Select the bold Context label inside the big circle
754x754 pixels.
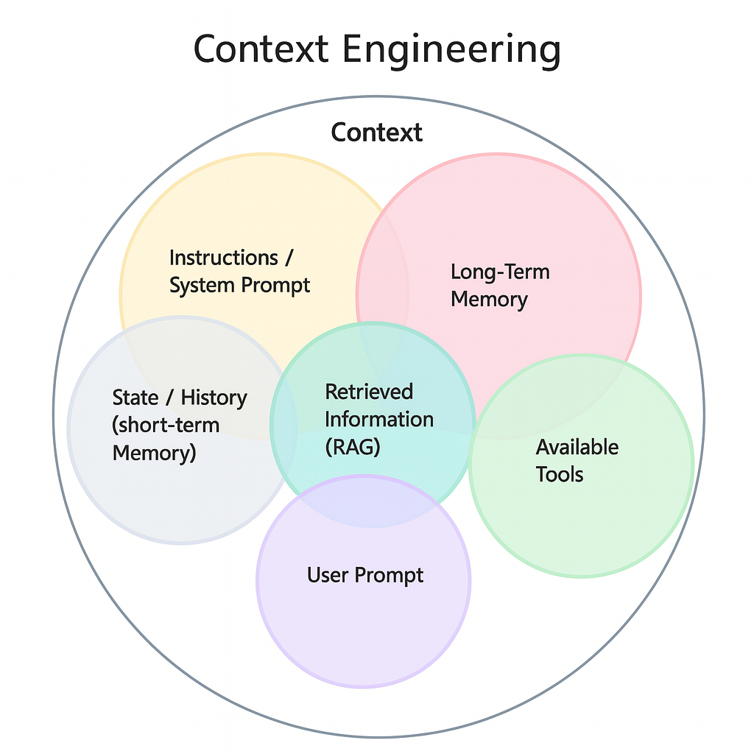(376, 133)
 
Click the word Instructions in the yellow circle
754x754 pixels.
(223, 258)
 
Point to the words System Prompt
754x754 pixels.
(240, 285)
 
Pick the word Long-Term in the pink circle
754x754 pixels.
(500, 272)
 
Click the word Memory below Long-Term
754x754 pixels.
(489, 300)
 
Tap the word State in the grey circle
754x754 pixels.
(135, 398)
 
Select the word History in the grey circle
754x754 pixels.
(214, 398)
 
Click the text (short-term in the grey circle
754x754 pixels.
(166, 425)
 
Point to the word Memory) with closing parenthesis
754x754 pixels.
(154, 452)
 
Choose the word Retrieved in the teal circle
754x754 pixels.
(369, 392)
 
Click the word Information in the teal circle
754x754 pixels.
(378, 419)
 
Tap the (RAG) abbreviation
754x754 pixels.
(352, 446)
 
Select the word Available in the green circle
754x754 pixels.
(577, 447)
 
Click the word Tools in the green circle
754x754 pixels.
(560, 474)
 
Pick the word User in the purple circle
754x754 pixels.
(327, 574)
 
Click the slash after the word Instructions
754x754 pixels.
(289, 258)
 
